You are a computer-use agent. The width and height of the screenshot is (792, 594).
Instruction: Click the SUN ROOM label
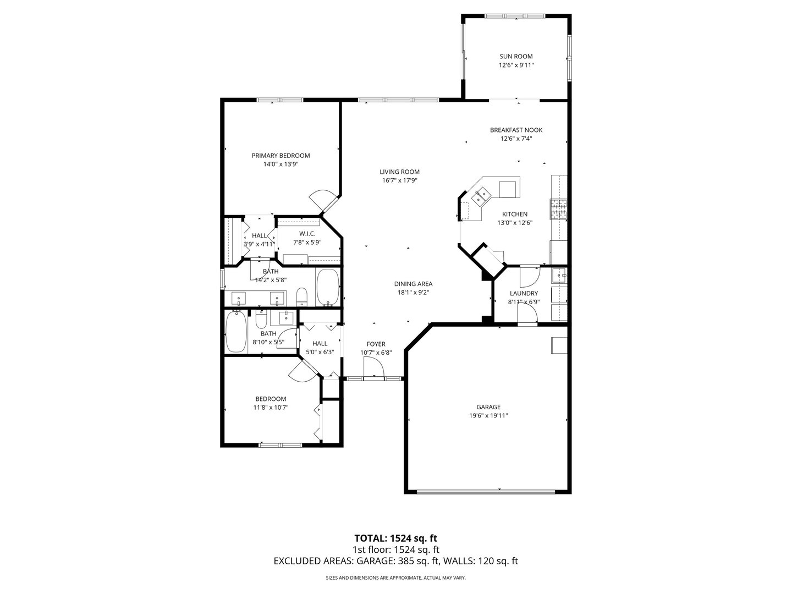pyautogui.click(x=516, y=56)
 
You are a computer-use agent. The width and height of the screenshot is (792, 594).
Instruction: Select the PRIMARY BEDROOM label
pyautogui.click(x=280, y=156)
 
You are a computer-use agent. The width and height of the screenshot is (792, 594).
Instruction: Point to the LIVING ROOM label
pyautogui.click(x=400, y=172)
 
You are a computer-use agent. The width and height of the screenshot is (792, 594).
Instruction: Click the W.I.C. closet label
pyautogui.click(x=307, y=233)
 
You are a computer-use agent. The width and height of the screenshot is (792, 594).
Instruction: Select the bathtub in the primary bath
pyautogui.click(x=328, y=287)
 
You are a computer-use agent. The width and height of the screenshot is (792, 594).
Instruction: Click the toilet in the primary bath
pyautogui.click(x=301, y=297)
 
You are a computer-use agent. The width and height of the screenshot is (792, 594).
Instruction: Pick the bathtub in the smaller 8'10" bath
pyautogui.click(x=236, y=332)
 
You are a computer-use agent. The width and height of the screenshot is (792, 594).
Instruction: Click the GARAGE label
pyautogui.click(x=485, y=407)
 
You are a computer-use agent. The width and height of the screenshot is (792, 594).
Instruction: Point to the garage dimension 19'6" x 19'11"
pyautogui.click(x=485, y=416)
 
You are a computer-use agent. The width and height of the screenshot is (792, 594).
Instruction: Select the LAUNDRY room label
pyautogui.click(x=524, y=294)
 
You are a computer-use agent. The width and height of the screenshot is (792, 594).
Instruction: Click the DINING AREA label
pyautogui.click(x=413, y=284)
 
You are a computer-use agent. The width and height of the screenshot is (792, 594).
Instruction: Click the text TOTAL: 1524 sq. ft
pyautogui.click(x=395, y=538)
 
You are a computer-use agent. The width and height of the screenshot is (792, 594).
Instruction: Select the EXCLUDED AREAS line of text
pyautogui.click(x=395, y=561)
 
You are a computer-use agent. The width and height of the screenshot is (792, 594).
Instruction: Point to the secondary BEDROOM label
pyautogui.click(x=271, y=399)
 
